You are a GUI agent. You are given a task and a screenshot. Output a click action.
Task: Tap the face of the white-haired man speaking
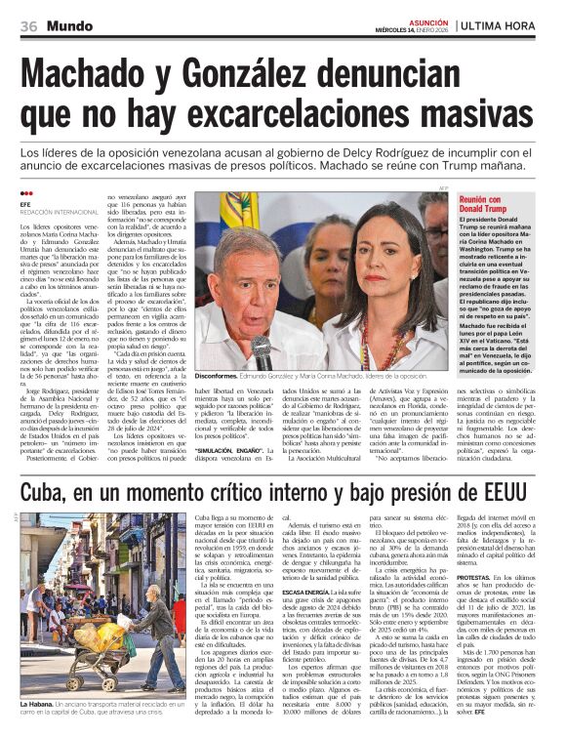244,282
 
